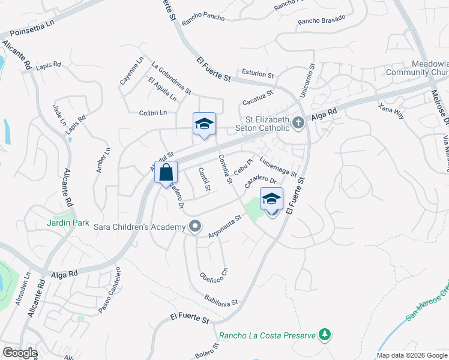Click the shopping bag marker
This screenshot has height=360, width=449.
click(x=166, y=173)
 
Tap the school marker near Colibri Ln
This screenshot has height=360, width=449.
click(x=204, y=124)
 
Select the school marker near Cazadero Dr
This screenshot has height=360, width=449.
click(x=271, y=199)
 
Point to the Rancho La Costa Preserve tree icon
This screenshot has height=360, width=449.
click(x=325, y=334)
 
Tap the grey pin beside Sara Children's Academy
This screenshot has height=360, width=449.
click(x=194, y=226)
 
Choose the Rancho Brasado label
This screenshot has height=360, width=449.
click(x=322, y=19)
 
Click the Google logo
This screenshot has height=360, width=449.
click(x=20, y=353)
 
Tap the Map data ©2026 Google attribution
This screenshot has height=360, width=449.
click(x=411, y=355)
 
